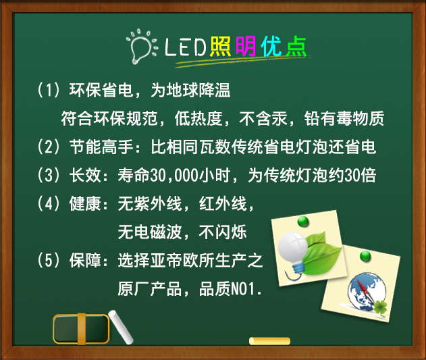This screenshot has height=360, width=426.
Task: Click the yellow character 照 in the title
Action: click(x=220, y=46)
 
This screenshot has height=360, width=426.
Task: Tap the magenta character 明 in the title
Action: click(x=246, y=46)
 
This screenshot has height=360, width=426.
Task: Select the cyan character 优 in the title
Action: click(x=271, y=46)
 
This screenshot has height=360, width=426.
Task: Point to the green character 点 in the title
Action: click(x=296, y=46)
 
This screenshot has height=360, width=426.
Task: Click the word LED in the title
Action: click(x=186, y=47)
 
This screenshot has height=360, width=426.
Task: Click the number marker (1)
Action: click(x=49, y=90)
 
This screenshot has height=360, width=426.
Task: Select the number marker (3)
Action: click(x=49, y=175)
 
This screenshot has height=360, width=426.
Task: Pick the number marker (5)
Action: click(x=49, y=260)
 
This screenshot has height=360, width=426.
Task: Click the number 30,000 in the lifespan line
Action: click(x=174, y=176)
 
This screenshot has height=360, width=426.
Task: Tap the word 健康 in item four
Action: click(x=85, y=204)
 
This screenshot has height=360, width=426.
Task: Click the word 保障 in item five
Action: click(x=85, y=260)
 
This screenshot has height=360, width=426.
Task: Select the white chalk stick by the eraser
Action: click(x=121, y=327)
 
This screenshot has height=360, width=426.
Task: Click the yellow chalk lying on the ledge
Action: click(x=269, y=341)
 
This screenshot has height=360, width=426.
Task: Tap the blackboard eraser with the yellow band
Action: click(x=81, y=328)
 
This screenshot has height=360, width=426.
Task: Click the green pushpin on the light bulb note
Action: click(x=303, y=222)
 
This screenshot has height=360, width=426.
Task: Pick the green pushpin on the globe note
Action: click(x=365, y=256)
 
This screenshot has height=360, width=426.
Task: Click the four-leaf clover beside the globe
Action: click(x=380, y=308)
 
